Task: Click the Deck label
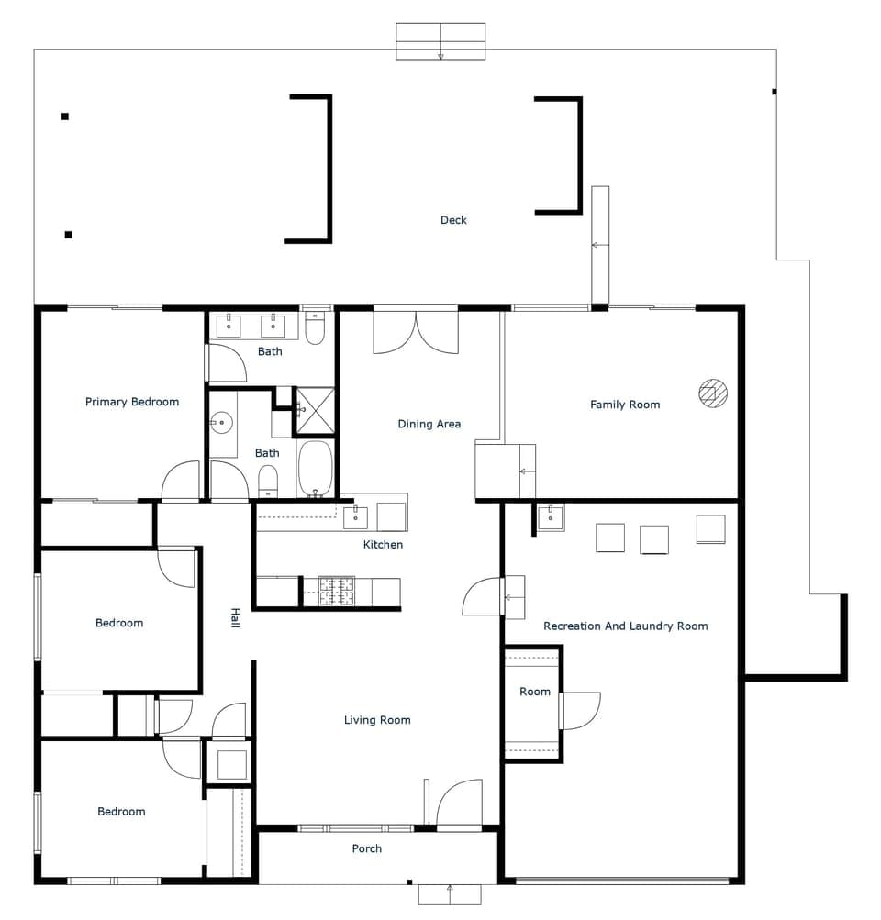tap(453, 220)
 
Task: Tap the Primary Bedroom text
tap(132, 402)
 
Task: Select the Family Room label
tap(625, 405)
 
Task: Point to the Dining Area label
tap(429, 424)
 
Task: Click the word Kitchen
tap(383, 545)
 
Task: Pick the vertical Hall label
tap(235, 618)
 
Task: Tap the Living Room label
tap(377, 720)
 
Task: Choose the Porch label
tap(367, 848)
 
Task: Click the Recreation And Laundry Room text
tap(626, 626)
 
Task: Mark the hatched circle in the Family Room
tap(713, 393)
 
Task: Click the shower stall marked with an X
tap(314, 410)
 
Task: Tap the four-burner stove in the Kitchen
tap(337, 592)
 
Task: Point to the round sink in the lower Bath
tap(220, 423)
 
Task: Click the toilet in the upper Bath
tap(315, 329)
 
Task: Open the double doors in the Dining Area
tap(416, 332)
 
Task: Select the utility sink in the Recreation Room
tap(551, 517)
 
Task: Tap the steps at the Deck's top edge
tap(440, 41)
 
